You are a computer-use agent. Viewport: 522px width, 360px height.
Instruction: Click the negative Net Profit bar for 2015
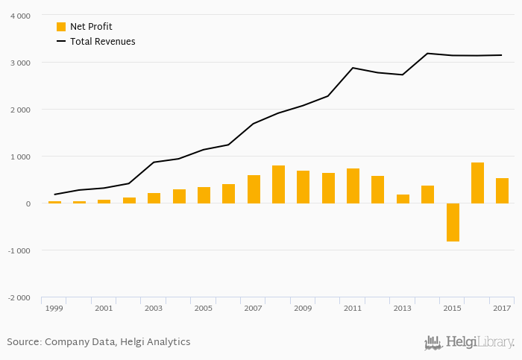(x=453, y=222)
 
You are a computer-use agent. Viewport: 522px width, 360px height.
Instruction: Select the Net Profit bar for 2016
(x=477, y=183)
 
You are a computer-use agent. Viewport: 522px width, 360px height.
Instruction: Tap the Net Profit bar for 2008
(x=278, y=184)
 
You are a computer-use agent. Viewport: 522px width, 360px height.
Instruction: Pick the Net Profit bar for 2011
(x=353, y=186)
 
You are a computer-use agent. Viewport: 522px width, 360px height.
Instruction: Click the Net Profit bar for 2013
(x=403, y=198)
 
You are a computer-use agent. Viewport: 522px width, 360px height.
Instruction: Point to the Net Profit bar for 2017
(x=502, y=190)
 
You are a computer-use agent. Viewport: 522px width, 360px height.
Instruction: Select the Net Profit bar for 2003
(x=154, y=198)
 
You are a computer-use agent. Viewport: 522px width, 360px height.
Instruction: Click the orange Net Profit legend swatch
(x=61, y=27)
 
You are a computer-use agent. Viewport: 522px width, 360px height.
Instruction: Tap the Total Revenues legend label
(x=103, y=42)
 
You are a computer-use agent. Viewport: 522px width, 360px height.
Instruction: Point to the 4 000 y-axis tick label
(x=19, y=16)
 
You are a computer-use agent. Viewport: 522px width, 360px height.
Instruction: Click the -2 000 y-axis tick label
(x=18, y=297)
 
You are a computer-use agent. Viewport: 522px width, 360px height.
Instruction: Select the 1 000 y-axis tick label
(x=19, y=157)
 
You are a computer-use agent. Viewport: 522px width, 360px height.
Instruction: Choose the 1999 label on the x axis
(x=54, y=308)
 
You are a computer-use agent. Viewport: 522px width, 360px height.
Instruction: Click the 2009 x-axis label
(x=303, y=308)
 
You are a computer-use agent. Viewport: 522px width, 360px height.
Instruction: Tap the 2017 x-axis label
(x=502, y=308)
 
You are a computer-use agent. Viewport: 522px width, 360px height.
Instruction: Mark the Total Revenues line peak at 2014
(x=427, y=54)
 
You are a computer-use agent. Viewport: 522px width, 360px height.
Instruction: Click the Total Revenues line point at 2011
(x=353, y=68)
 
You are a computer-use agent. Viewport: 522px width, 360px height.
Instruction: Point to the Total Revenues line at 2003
(x=154, y=162)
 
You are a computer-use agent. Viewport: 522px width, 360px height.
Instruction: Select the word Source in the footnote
(x=23, y=342)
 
